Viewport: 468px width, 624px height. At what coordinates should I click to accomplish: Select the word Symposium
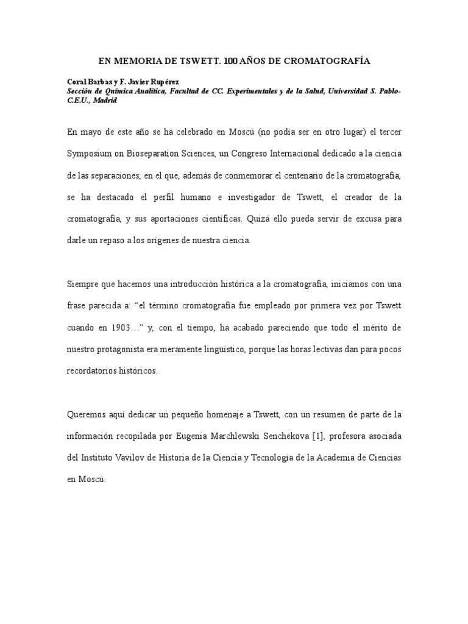(91, 154)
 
